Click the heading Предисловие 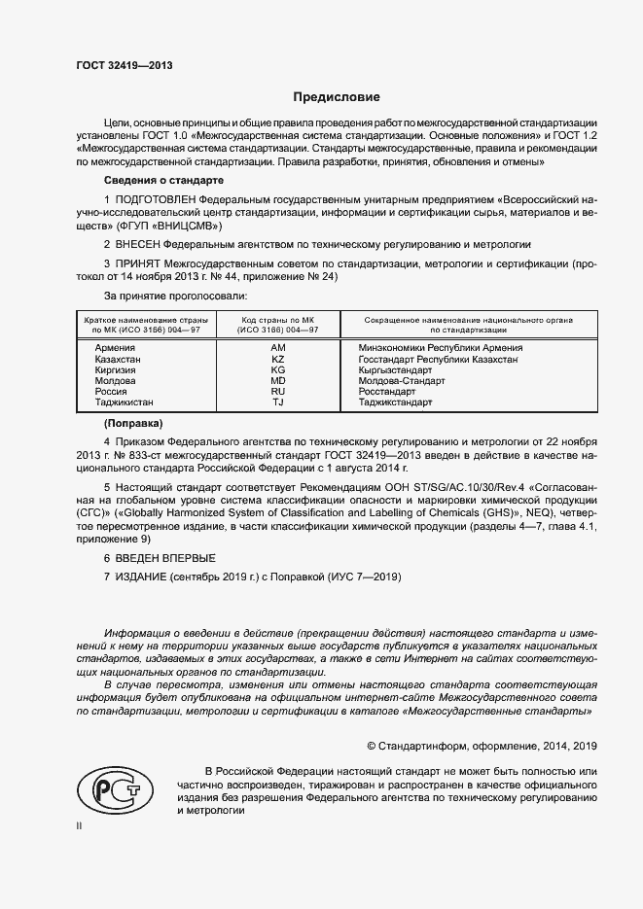coord(337,97)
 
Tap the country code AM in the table coord(278,347)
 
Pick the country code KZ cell coord(278,359)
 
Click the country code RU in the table coord(278,391)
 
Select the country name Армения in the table coord(103,347)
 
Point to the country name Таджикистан coord(118,402)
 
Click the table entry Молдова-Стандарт coord(401,380)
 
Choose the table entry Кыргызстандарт coord(400,369)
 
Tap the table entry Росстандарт coord(386,391)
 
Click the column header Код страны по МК coord(278,319)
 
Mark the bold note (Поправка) coord(133,425)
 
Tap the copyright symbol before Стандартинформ coord(372,746)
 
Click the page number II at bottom coord(81,826)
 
